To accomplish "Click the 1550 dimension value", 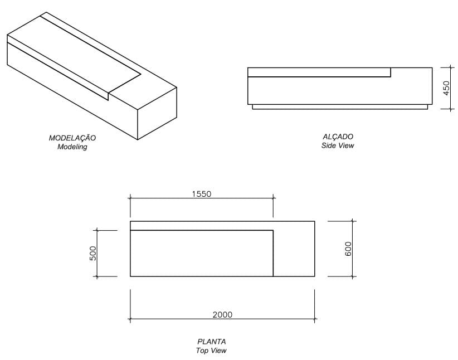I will pos(202,194).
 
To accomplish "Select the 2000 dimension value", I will pos(222,314).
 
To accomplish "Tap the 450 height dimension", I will pos(446,88).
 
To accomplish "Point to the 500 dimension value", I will pos(93,253).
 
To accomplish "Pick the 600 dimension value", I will pos(348,249).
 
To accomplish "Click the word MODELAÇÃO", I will pos(72,138).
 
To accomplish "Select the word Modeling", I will pos(72,147).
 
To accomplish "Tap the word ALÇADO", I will pos(338,137).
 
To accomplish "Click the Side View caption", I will pos(338,145).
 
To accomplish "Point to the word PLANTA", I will pos(212,342).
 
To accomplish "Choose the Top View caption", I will pos(212,351).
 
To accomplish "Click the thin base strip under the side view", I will pos(340,106).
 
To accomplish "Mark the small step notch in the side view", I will pos(391,72).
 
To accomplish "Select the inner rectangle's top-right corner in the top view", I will pos(273,230).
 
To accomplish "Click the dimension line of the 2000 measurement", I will pos(167,319).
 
